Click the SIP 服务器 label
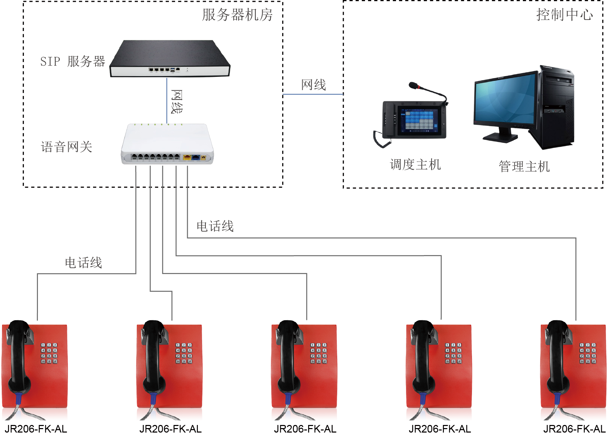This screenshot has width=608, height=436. [x=72, y=61]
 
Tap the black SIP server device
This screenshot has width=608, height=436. [x=170, y=59]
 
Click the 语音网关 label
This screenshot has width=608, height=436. [x=67, y=147]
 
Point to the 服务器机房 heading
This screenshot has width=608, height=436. [x=237, y=15]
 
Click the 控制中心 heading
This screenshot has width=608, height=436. [x=564, y=15]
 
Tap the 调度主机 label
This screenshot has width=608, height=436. [x=415, y=164]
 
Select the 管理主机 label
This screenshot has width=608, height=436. [x=524, y=166]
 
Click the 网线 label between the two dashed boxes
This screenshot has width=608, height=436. [x=313, y=85]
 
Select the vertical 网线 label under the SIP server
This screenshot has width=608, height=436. [x=177, y=102]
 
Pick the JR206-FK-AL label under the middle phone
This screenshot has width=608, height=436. [x=305, y=429]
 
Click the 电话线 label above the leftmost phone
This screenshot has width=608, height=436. [x=83, y=263]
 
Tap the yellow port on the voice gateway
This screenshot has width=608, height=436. [x=187, y=158]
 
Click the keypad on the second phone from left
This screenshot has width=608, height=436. [x=184, y=353]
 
